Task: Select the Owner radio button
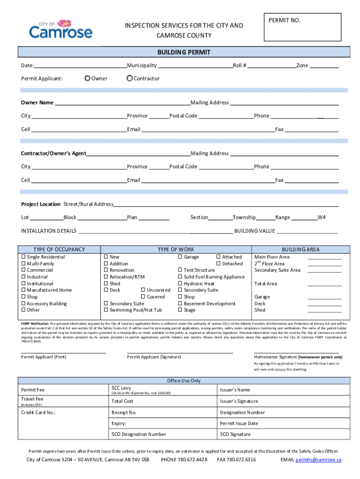(x=87, y=79)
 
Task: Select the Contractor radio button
(x=130, y=79)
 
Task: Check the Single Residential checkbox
(x=23, y=257)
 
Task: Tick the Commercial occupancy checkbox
(x=23, y=270)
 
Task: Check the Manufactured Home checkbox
(x=23, y=290)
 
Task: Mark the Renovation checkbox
(x=106, y=270)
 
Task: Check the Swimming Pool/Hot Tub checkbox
(x=106, y=310)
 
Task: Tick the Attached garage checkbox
(x=218, y=257)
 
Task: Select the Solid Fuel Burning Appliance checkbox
(x=180, y=277)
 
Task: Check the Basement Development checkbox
(x=180, y=304)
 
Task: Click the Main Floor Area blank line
(x=324, y=258)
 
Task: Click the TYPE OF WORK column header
(x=176, y=249)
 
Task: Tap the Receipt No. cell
(x=162, y=413)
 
